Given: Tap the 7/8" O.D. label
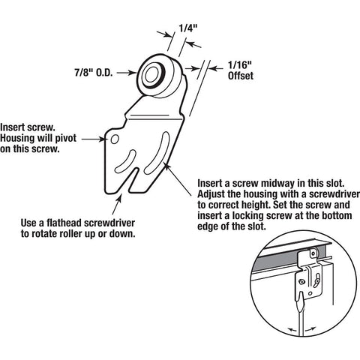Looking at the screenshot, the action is [94, 73].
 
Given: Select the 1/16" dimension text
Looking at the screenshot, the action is [239, 65].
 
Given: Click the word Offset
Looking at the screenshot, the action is [241, 76].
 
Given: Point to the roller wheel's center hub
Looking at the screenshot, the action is [151, 73].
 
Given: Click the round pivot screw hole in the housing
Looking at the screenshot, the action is [115, 139].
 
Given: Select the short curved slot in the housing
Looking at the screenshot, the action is [126, 162].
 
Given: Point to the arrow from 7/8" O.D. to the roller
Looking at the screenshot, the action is [127, 73].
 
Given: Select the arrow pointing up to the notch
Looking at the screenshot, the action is [117, 205].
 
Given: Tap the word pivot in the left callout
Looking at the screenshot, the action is [66, 138].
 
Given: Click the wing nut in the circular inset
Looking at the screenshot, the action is [316, 282].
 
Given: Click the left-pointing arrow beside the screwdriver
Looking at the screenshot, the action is [292, 330].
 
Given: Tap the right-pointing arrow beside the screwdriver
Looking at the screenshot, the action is [310, 328].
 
